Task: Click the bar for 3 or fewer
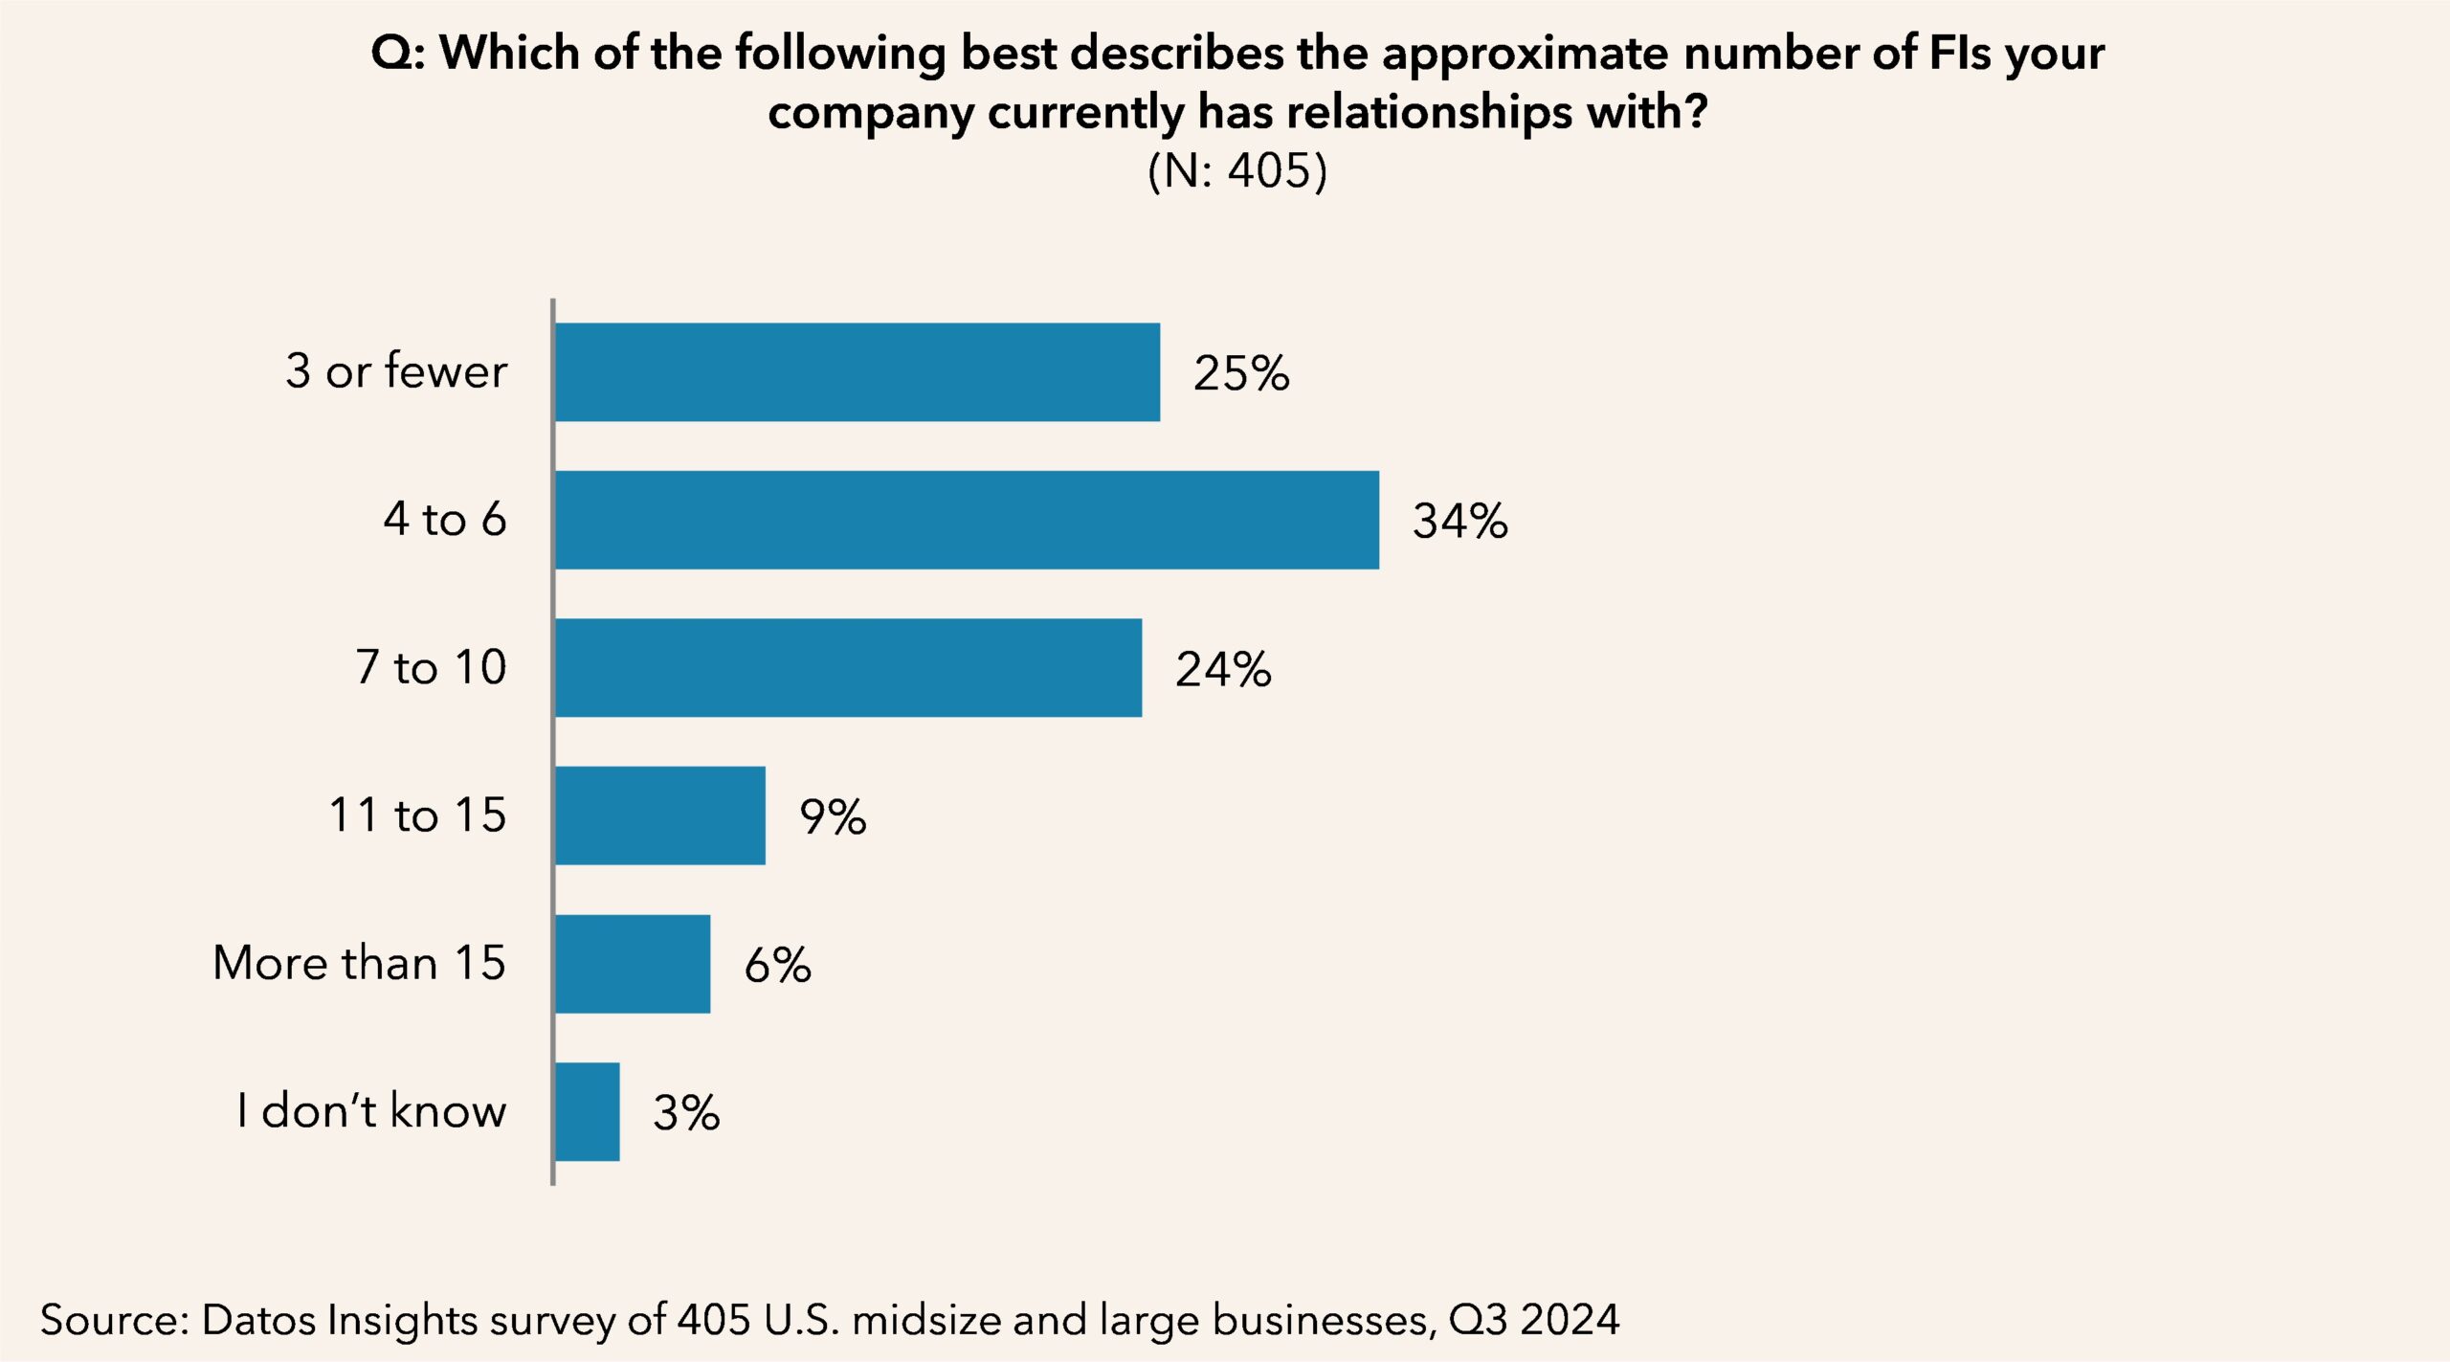pyautogui.click(x=857, y=372)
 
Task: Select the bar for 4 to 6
pyautogui.click(x=967, y=520)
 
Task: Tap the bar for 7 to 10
pyautogui.click(x=848, y=667)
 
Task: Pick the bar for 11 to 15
pyautogui.click(x=660, y=815)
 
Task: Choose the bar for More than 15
pyautogui.click(x=633, y=964)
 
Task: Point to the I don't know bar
pyautogui.click(x=587, y=1111)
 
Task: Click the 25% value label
pyautogui.click(x=1240, y=373)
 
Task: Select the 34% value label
pyautogui.click(x=1459, y=521)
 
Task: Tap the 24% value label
pyautogui.click(x=1222, y=669)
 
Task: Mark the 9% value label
pyautogui.click(x=833, y=816)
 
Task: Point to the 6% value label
pyautogui.click(x=777, y=965)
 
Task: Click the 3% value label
pyautogui.click(x=686, y=1112)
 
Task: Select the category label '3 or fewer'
pyautogui.click(x=396, y=371)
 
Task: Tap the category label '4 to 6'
pyautogui.click(x=445, y=520)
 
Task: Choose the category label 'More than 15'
pyautogui.click(x=359, y=963)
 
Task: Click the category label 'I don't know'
pyautogui.click(x=371, y=1111)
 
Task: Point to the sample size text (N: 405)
pyautogui.click(x=1236, y=172)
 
